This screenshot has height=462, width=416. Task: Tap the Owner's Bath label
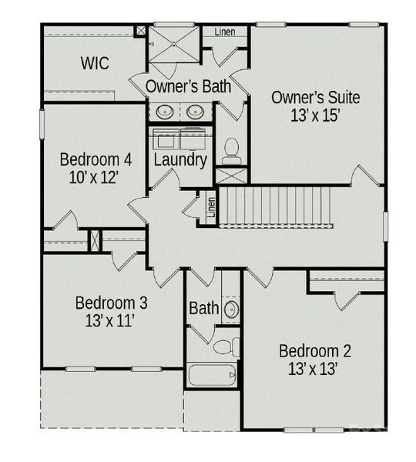[188, 86]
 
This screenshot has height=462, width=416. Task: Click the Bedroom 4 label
[96, 160]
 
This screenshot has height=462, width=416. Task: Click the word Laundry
[180, 160]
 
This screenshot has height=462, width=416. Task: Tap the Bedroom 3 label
[111, 303]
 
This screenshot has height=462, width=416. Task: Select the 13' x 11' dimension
[111, 321]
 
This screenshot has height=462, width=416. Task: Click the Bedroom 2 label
[315, 351]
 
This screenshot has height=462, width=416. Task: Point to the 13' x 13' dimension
[315, 370]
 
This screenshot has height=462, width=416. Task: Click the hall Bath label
[203, 309]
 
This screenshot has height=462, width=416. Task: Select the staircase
[275, 206]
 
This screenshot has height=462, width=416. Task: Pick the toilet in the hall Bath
[225, 346]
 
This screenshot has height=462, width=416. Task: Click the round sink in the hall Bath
[230, 310]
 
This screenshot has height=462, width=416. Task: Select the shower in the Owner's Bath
[174, 44]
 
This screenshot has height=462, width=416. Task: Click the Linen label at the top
[225, 32]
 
